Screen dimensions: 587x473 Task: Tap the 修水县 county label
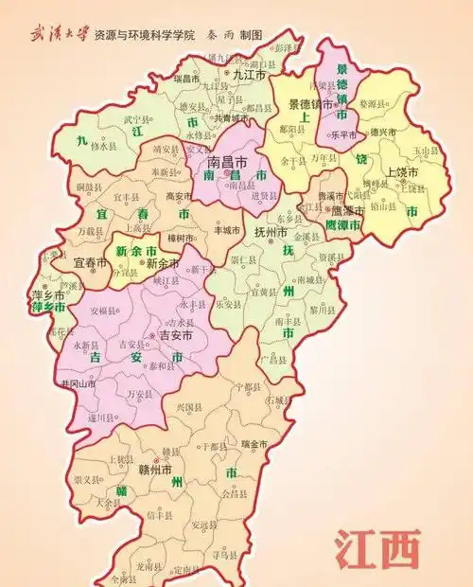[103, 148]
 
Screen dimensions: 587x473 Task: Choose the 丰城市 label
[227, 229]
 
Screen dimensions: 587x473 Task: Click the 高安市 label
[179, 196]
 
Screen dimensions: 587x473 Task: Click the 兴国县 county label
[190, 406]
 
